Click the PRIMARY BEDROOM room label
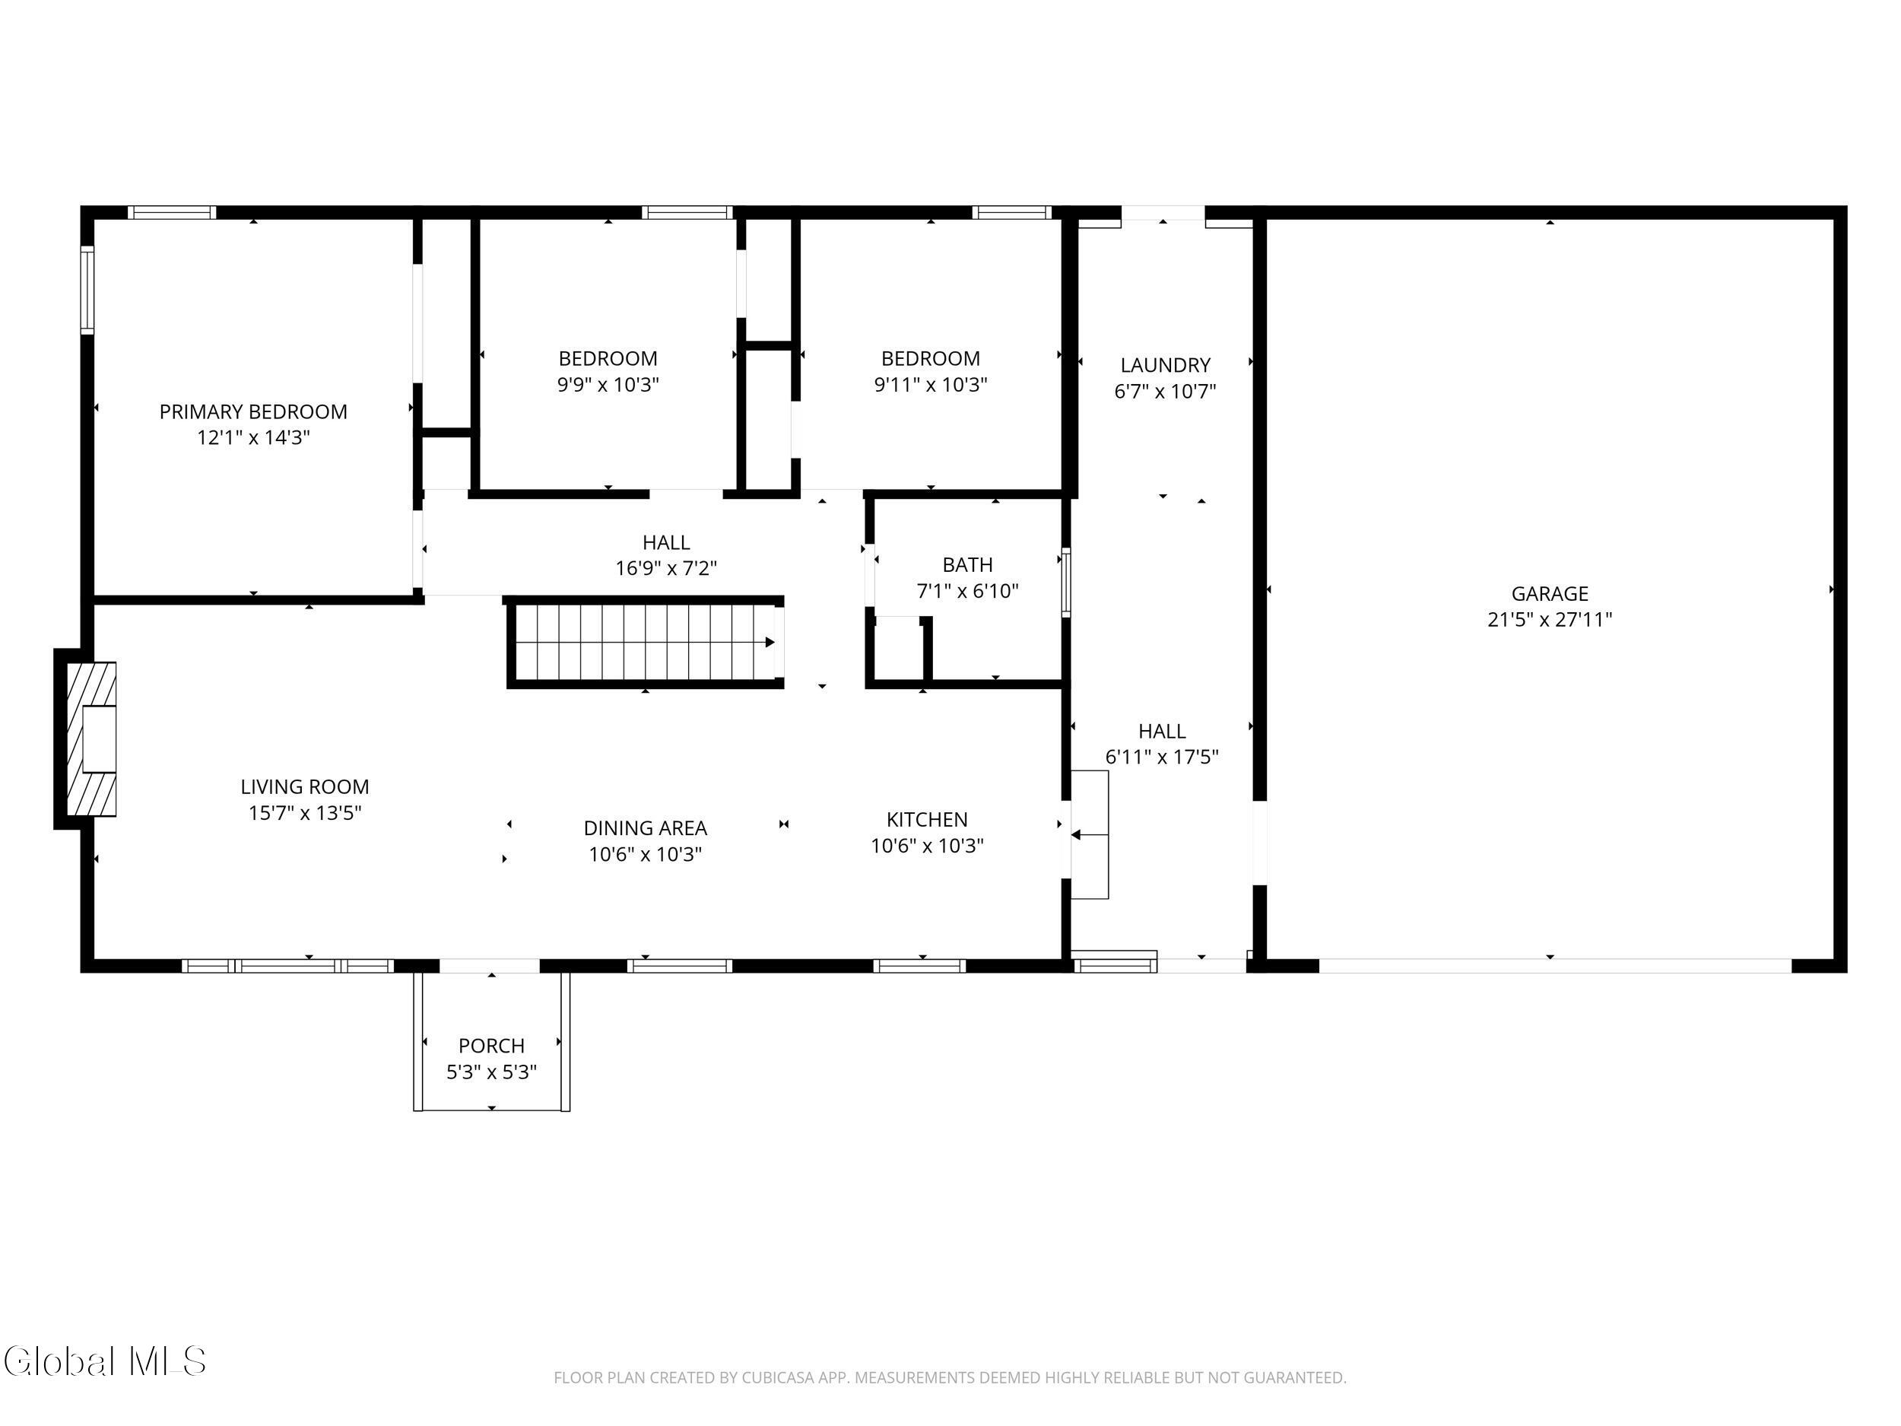coord(252,411)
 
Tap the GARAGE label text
coord(1550,594)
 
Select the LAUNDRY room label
coord(1166,365)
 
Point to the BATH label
coord(968,565)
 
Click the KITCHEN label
coord(927,819)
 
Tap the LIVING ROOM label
coord(305,786)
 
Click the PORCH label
coord(491,1045)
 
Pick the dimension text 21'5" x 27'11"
coord(1550,620)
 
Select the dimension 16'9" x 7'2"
coord(666,568)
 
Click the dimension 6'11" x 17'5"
coord(1162,757)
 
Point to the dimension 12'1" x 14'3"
coord(253,437)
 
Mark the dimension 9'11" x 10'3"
coord(931,384)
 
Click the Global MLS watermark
coord(105,1361)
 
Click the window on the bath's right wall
coord(1065,582)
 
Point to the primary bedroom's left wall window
coord(87,290)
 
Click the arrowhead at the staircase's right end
coord(770,642)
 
